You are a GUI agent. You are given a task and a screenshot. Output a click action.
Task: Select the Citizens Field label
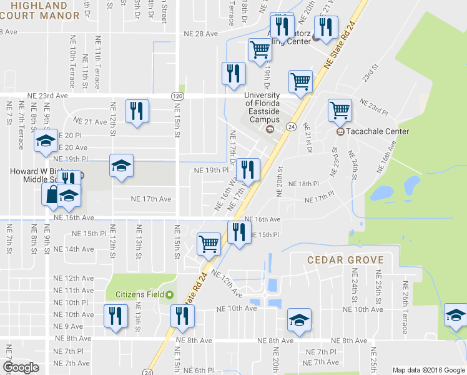click(x=139, y=294)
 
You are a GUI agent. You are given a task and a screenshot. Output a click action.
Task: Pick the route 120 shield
click(x=177, y=96)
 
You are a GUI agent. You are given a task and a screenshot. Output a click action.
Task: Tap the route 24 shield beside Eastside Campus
click(x=290, y=127)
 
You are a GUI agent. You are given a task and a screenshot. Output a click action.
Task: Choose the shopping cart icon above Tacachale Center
click(x=340, y=111)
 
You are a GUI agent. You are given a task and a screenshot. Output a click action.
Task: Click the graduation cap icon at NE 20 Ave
click(x=45, y=142)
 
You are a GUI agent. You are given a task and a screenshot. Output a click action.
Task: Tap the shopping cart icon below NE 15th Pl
click(x=209, y=243)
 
